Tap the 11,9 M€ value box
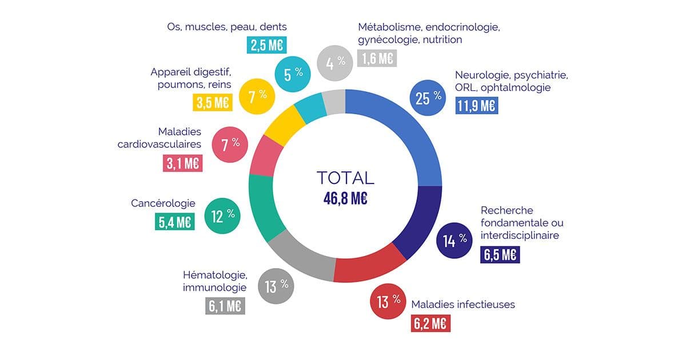click(x=476, y=105)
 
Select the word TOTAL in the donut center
click(x=345, y=177)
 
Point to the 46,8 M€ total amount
click(x=345, y=198)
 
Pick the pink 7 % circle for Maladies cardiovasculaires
click(x=230, y=144)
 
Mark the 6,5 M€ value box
click(x=500, y=254)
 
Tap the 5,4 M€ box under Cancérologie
click(x=175, y=221)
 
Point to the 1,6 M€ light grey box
click(x=377, y=58)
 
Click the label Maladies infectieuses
click(x=463, y=304)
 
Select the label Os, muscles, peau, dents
click(x=226, y=26)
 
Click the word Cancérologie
click(x=163, y=203)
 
